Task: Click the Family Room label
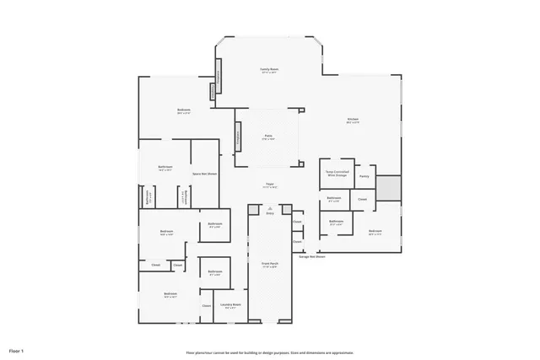[x=268, y=69]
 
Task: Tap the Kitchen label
[x=353, y=119]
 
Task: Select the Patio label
[x=268, y=137]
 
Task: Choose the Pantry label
[x=364, y=176]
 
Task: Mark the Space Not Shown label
[x=202, y=173]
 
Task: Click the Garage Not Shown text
[x=311, y=256]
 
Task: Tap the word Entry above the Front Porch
[x=270, y=214]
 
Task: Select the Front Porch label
[x=269, y=263]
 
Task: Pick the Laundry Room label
[x=231, y=304]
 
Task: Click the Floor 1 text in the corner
[x=17, y=350]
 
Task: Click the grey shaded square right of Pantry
[x=388, y=187]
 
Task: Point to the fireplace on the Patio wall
[x=238, y=134]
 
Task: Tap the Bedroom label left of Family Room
[x=183, y=110]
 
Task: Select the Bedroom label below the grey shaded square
[x=375, y=231]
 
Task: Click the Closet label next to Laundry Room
[x=206, y=305]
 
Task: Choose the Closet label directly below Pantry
[x=362, y=199]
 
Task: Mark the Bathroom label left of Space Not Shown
[x=165, y=167]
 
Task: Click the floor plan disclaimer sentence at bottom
[x=270, y=352]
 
